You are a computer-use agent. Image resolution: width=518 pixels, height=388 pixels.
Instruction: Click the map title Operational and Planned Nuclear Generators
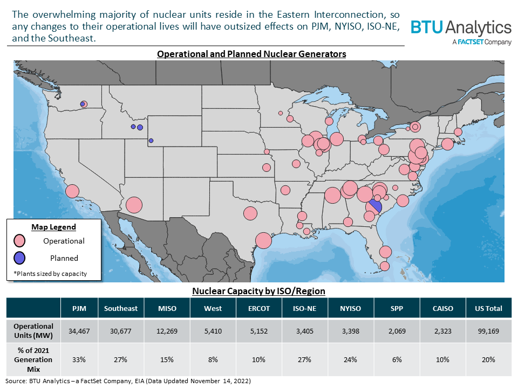pos(251,54)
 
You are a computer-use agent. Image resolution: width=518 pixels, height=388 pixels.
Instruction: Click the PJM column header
pos(79,308)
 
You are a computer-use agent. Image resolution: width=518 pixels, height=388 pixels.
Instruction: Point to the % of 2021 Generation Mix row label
pos(33,359)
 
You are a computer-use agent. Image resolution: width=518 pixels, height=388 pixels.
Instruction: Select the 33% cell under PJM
pos(79,359)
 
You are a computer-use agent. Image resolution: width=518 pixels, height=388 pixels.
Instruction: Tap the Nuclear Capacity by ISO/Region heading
pos(259,292)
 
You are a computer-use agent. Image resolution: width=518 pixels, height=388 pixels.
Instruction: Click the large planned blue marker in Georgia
pos(376,206)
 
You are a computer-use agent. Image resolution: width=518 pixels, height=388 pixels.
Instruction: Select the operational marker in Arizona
pos(134,205)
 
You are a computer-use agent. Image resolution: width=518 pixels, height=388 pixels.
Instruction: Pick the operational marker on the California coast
pos(72,191)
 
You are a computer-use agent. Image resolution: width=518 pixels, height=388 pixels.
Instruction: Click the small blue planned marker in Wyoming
pos(151,141)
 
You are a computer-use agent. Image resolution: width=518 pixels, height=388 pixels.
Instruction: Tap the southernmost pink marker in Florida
pos(384,266)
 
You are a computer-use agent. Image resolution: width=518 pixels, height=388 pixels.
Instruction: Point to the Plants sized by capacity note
pos(50,274)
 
